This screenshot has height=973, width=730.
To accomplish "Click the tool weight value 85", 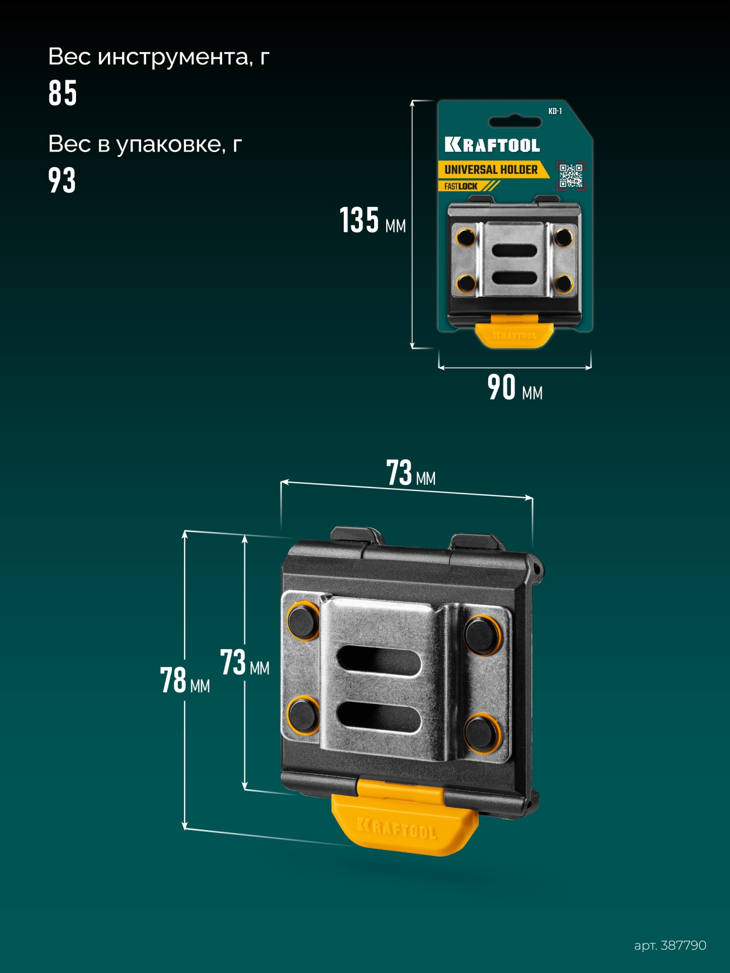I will coord(62,93).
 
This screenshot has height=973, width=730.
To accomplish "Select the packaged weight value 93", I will coord(62,180).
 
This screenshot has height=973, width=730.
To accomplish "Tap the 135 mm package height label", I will coord(372,220).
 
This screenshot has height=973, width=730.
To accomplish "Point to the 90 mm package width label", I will coord(514,388).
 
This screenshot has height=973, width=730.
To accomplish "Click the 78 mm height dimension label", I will coord(185,680).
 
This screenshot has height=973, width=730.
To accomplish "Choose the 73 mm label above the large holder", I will coord(411,473).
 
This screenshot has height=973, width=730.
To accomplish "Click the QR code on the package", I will coord(571,176).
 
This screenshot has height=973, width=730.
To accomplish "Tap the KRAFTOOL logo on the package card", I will coord(492,145).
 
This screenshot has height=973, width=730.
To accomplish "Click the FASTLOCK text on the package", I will coord(461,186).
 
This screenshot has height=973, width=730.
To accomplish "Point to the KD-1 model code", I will coord(555,111).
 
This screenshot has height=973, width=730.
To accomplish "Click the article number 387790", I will coord(670,945).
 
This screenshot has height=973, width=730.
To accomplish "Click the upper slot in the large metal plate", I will coord(379,661).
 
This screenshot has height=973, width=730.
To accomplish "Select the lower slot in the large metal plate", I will coord(379,717).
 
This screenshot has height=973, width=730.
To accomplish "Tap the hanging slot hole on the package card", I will coord(515,122).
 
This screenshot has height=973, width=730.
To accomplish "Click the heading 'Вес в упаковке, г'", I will coord(145,144).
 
